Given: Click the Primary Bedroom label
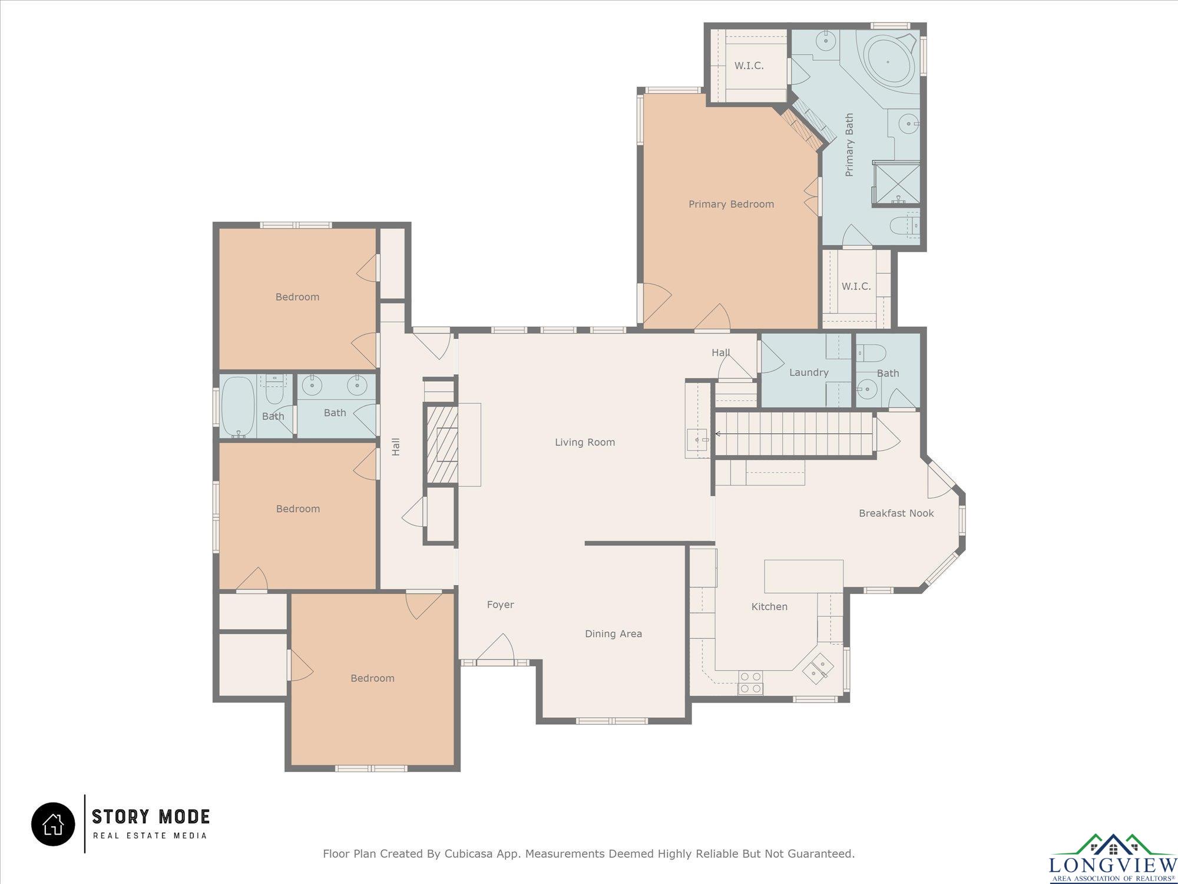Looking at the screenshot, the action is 731,204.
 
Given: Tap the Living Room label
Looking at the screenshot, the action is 585,443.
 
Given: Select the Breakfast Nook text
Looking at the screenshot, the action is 896,513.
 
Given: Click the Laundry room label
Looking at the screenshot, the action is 809,372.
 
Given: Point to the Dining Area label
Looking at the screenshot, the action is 613,634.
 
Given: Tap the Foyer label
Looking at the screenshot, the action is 501,605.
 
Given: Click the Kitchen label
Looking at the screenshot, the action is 769,606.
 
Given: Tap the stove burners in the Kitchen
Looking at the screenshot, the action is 750,682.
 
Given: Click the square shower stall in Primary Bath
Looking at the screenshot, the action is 896,183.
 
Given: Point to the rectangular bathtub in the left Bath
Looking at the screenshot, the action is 238,407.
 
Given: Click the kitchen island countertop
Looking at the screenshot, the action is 804,576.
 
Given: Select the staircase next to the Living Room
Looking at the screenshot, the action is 793,434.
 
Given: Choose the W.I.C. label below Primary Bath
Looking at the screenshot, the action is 856,286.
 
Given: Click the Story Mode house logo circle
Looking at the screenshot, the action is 53,824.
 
